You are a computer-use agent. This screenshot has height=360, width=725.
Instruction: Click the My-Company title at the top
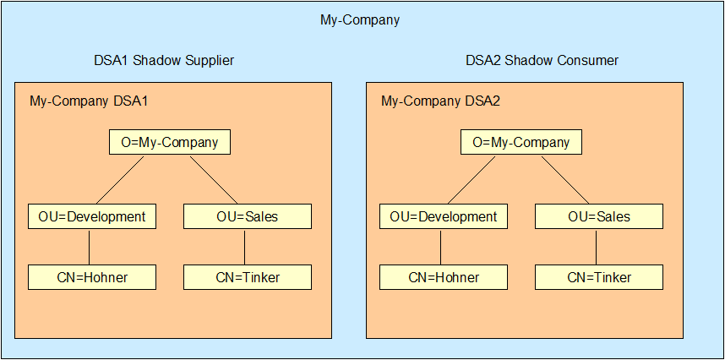tap(360, 19)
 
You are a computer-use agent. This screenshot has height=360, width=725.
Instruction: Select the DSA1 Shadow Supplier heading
tap(164, 61)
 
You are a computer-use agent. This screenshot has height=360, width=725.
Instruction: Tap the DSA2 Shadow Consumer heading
tap(542, 61)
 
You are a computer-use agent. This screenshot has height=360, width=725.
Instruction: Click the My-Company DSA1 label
tap(89, 102)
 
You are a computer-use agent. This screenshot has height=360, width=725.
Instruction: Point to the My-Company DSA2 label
tap(440, 102)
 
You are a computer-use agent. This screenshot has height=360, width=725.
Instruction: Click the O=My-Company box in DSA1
tap(170, 142)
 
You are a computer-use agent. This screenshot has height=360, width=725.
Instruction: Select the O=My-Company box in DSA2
tap(521, 142)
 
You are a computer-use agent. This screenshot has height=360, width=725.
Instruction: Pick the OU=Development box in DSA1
tap(92, 216)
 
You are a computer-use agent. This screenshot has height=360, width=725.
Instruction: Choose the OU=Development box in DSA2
tap(444, 216)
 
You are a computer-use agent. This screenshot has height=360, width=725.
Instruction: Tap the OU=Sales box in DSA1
tap(248, 216)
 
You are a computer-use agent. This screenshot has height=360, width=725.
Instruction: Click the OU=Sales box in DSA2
tap(599, 216)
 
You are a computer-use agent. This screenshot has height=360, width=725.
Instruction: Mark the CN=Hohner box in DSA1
tap(92, 277)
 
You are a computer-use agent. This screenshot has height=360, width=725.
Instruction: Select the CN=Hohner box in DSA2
tap(444, 277)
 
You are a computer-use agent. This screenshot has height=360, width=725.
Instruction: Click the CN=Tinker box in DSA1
tap(248, 277)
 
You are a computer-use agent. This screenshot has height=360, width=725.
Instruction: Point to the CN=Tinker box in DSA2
tap(599, 277)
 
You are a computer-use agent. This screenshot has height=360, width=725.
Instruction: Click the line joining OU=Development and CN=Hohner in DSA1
tap(89, 247)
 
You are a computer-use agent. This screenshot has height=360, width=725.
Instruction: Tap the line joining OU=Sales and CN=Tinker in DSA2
tap(596, 247)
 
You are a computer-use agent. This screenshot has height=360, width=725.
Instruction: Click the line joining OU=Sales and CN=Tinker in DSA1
tap(244, 247)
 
